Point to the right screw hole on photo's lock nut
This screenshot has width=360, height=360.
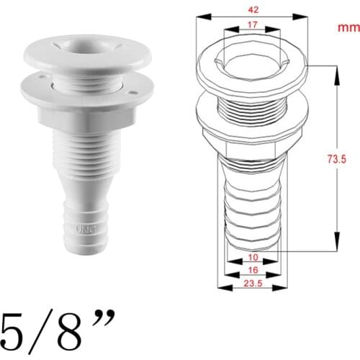click(x=134, y=91)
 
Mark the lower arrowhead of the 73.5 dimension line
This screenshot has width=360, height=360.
click(x=336, y=246)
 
